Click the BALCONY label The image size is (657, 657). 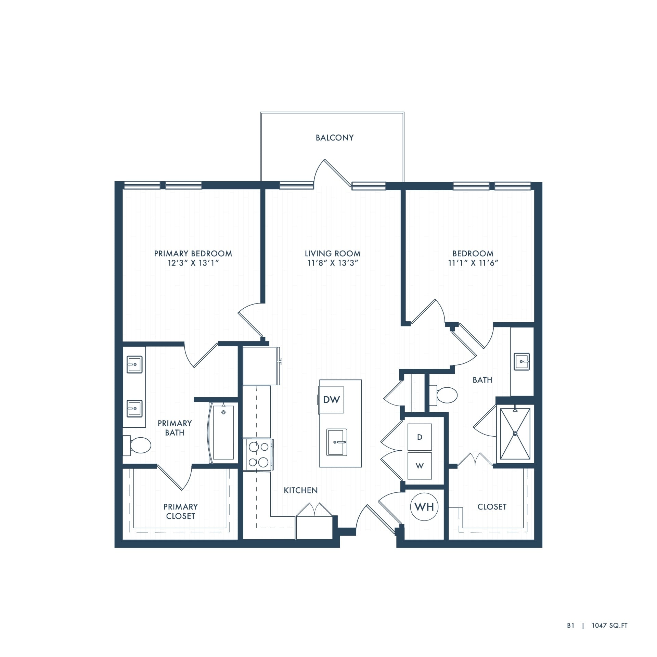pos(335,138)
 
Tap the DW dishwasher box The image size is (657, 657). pos(331,399)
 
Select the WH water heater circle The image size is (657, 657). pos(424,506)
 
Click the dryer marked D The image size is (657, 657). pos(420,437)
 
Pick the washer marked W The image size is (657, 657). pos(420,466)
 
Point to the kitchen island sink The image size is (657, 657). pos(337,442)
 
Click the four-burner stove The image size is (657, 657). pos(258,454)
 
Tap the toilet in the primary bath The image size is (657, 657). pos(137,445)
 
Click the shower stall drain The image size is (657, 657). pos(515,434)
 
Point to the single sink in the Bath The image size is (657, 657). pos(522,361)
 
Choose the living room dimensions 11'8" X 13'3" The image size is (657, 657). pos(333,263)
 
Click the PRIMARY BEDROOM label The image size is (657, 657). pos(193,254)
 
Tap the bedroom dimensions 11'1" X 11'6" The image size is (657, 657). pos(473,263)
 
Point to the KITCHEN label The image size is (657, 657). pos(301,490)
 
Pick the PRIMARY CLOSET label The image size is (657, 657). pos(180,511)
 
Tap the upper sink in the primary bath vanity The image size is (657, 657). pos(134,364)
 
